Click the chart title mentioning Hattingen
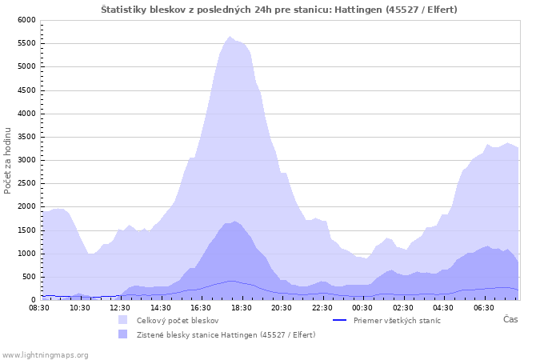coord(279,10)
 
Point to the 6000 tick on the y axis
coord(26,20)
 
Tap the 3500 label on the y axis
coord(26,137)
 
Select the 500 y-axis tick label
coord(30,277)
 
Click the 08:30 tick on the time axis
coord(39,308)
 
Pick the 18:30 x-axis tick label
coord(242,308)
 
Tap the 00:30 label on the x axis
coord(362,308)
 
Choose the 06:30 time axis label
coord(483,308)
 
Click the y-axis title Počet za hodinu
coord(7,161)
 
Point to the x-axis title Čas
coord(510,319)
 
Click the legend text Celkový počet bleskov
coord(178,320)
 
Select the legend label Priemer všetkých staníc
coord(397,320)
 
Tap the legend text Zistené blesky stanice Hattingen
coord(226,334)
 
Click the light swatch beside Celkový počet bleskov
coord(123,320)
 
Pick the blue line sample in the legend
coord(340,320)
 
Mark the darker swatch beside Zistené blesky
coord(123,334)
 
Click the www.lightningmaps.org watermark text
coord(45,355)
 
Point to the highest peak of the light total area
coord(230,37)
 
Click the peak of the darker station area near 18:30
coord(234,221)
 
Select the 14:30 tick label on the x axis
coord(161,308)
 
